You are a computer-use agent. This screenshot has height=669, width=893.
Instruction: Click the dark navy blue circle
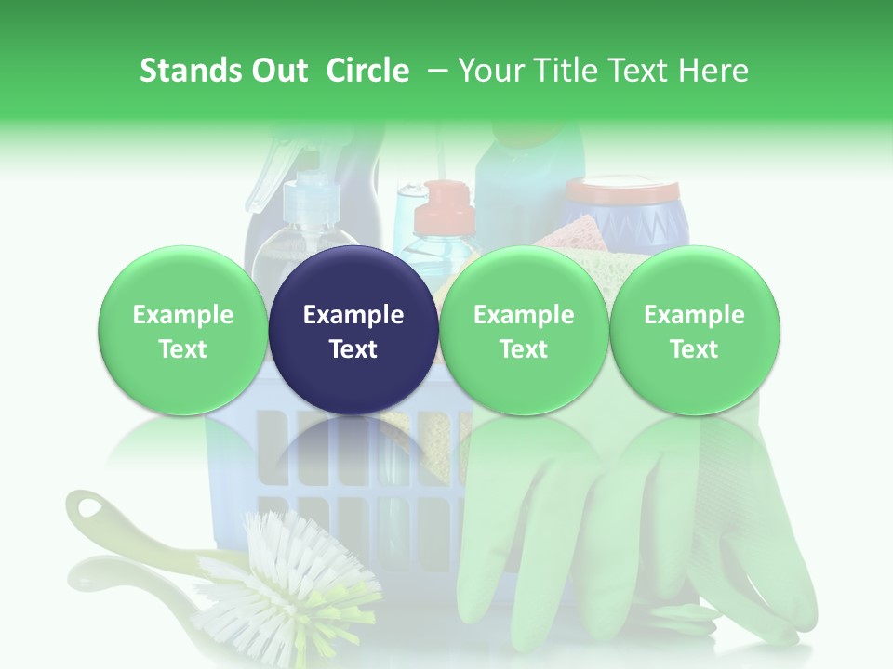tap(353, 331)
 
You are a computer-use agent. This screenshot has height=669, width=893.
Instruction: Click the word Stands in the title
tap(191, 71)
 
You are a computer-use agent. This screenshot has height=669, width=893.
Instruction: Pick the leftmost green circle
tap(182, 331)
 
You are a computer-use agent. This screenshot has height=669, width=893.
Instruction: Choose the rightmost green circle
tap(694, 331)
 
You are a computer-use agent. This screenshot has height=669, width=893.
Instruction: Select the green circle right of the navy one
tap(524, 331)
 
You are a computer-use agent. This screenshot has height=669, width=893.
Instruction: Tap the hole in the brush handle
tap(92, 508)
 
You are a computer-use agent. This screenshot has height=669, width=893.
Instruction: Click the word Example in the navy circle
tap(353, 315)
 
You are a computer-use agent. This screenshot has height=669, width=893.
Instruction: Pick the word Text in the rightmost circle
tap(694, 349)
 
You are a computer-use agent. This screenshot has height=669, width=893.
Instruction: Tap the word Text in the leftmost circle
tap(182, 349)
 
